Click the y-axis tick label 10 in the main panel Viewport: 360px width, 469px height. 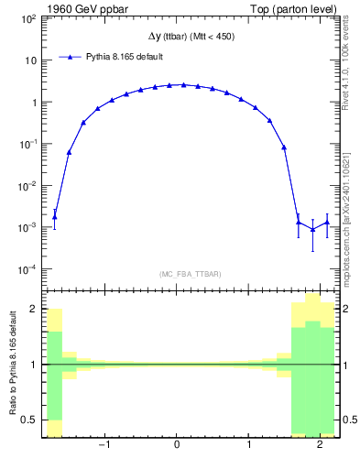pyautogui.click(x=31, y=60)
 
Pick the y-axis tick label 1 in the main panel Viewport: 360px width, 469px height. pyautogui.click(x=34, y=103)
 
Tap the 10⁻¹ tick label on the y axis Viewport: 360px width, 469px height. pyautogui.click(x=28, y=144)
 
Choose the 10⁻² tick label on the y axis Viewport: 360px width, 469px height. pyautogui.click(x=28, y=186)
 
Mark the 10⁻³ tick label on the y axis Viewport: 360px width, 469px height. pyautogui.click(x=28, y=227)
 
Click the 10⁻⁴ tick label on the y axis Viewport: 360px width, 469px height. pyautogui.click(x=28, y=269)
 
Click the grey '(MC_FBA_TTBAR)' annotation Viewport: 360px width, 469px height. pyautogui.click(x=190, y=274)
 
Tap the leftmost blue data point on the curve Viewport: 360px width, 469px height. pyautogui.click(x=54, y=217)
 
